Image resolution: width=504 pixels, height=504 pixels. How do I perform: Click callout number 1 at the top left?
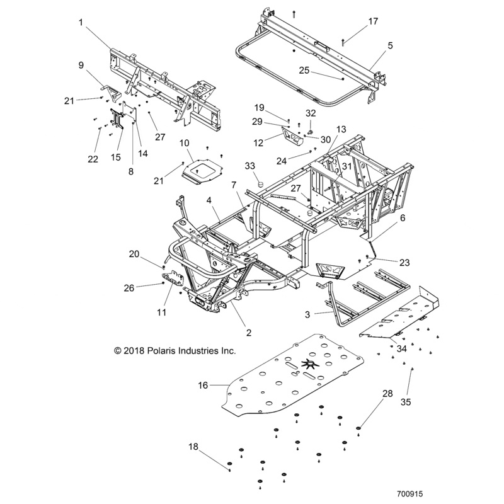pos(81,22)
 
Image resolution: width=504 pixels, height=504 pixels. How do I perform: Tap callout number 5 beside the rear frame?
pos(390,45)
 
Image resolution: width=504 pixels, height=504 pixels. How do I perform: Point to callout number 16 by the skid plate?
pos(203,383)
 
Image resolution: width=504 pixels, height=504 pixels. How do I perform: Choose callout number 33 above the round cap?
pos(249,166)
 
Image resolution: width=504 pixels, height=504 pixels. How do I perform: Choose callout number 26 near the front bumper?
pos(129,288)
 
